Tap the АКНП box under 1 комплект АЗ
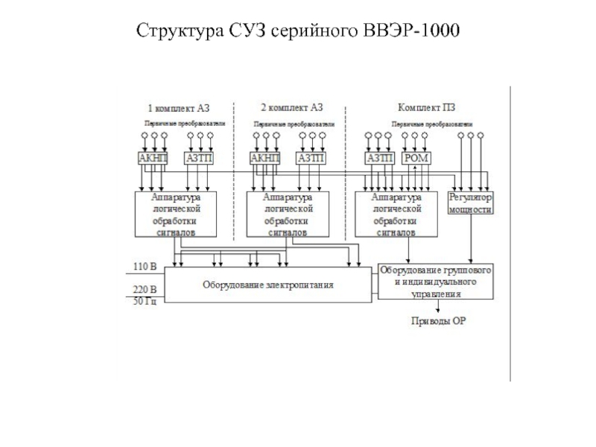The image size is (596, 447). [x=153, y=158]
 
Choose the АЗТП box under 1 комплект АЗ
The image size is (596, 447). [x=199, y=158]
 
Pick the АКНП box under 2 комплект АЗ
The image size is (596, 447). [x=265, y=158]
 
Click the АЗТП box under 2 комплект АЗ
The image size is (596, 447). [x=311, y=158]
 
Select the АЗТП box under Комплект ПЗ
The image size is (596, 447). [x=379, y=158]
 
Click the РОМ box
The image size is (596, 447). [x=415, y=158]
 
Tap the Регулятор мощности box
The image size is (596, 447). [x=470, y=204]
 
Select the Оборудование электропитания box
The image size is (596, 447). [x=267, y=284]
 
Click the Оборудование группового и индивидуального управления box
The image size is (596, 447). [x=436, y=281]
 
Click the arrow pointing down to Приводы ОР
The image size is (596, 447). [x=437, y=307]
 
